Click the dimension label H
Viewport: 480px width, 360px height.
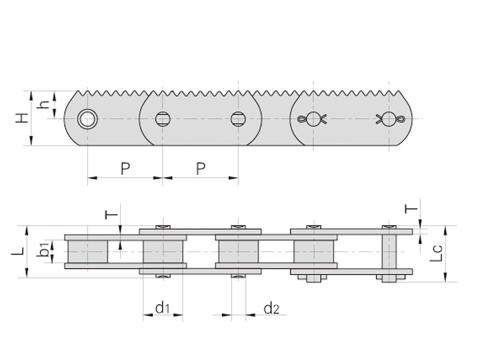tap(22, 118)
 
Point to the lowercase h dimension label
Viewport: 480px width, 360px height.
tap(43, 103)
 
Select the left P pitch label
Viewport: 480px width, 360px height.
tap(125, 169)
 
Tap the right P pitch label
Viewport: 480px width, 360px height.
tap(200, 169)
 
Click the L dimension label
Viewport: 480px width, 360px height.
tap(18, 251)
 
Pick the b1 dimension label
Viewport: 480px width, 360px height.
tap(43, 249)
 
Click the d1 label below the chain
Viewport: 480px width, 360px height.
tap(163, 308)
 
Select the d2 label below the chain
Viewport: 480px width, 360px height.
tap(272, 308)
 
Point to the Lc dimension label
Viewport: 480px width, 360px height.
tap(436, 253)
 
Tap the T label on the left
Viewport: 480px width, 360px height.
tap(111, 215)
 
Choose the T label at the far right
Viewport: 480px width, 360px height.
tap(411, 209)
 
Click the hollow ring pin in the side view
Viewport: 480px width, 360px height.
tap(88, 119)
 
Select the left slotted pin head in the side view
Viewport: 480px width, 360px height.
tap(163, 119)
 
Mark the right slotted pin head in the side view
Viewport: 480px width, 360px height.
tap(238, 119)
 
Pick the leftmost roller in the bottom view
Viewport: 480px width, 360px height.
tap(88, 251)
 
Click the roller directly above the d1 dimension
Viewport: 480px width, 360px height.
tap(163, 251)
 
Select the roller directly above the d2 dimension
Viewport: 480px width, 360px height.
tap(238, 251)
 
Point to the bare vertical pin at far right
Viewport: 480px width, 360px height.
tap(389, 254)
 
